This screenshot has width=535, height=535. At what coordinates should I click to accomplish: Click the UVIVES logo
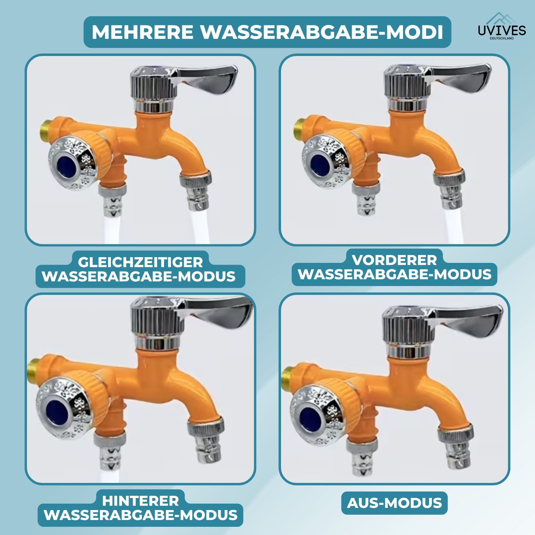(502, 26)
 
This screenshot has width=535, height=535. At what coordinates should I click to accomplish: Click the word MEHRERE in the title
(143, 32)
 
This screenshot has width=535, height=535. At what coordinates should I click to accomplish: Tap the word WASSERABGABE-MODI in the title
(322, 32)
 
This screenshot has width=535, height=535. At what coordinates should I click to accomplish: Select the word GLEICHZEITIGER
(140, 262)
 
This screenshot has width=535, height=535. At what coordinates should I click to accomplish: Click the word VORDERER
(394, 260)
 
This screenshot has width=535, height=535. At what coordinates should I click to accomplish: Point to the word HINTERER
(141, 501)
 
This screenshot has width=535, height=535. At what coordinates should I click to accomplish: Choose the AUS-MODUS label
(394, 503)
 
